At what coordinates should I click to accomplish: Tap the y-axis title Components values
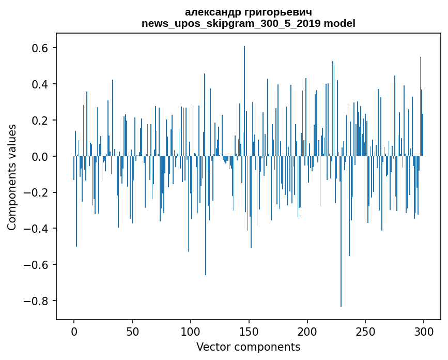point(12,177)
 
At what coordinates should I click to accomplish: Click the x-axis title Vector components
point(248,347)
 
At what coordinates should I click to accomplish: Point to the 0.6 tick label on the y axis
point(41,48)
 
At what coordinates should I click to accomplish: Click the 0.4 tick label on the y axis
point(41,84)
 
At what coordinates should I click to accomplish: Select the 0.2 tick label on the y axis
point(41,121)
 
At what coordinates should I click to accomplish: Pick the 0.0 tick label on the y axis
point(41,156)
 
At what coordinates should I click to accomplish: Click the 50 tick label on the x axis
point(132,332)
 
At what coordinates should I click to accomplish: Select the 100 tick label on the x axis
point(191,332)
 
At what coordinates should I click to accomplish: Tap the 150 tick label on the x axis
point(249,332)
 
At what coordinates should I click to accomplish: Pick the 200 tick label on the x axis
point(307,332)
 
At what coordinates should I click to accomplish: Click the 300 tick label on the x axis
point(424,332)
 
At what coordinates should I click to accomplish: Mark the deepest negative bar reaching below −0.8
point(341,259)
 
